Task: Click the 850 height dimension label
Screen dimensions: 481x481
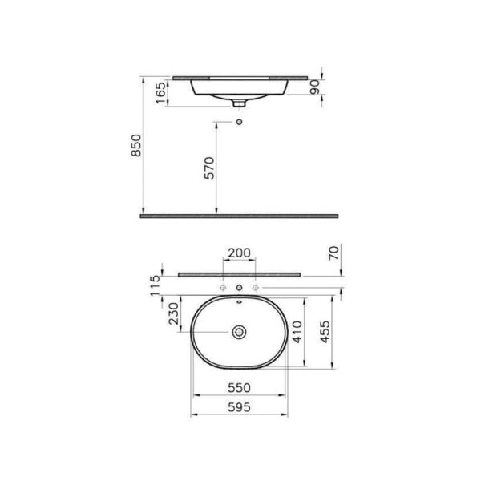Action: (136, 145)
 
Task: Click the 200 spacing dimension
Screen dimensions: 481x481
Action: (239, 253)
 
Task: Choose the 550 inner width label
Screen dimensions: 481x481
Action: (239, 386)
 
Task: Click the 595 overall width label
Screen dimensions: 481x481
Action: (239, 406)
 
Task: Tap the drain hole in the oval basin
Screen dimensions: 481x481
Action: (239, 331)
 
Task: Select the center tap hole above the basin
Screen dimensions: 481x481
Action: (239, 286)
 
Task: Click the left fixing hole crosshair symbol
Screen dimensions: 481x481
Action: (222, 286)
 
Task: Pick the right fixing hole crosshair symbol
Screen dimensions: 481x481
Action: (256, 286)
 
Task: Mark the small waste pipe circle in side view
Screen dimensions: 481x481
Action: (239, 121)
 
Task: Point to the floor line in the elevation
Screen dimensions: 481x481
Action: (239, 216)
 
